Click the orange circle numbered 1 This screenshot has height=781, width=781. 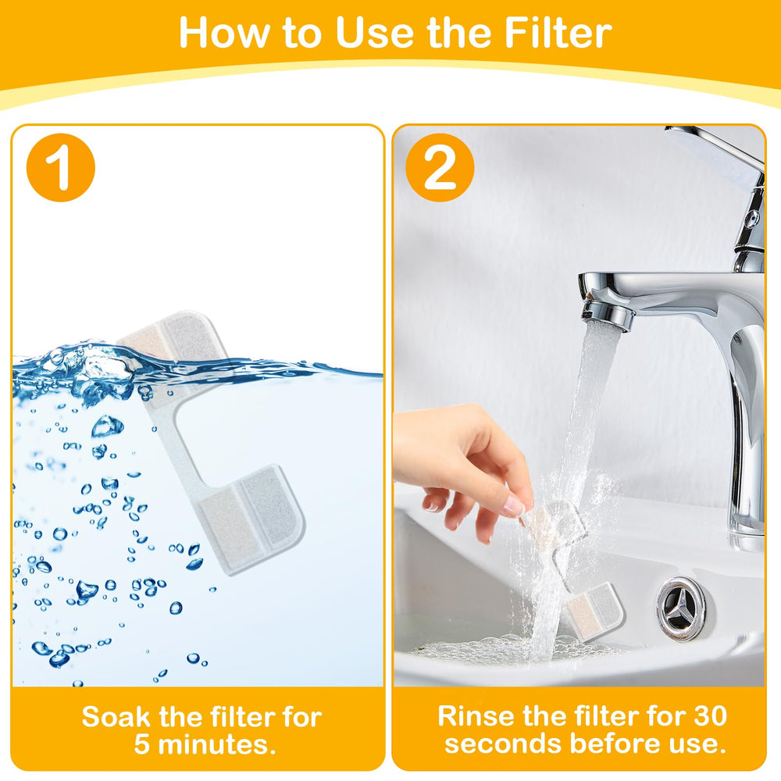point(61,168)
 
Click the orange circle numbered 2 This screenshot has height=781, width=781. point(440,168)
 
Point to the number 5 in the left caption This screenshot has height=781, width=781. point(141,744)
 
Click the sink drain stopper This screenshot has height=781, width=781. point(680,608)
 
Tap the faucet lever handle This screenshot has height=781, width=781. point(715,148)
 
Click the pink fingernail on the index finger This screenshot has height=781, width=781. point(514,507)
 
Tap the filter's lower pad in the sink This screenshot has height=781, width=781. point(594,612)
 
